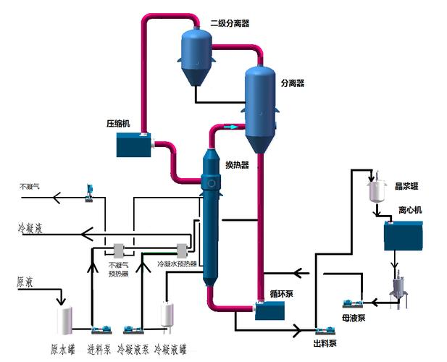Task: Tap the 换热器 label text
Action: click(x=237, y=165)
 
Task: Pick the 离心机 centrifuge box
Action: click(x=404, y=236)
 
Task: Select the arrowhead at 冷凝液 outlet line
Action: click(x=85, y=233)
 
